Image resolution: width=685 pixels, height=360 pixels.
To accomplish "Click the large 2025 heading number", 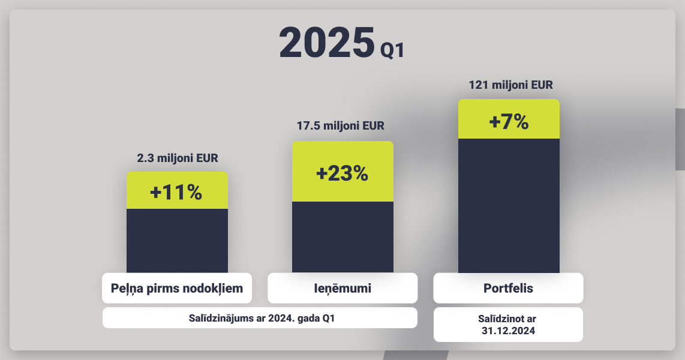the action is point(327,43).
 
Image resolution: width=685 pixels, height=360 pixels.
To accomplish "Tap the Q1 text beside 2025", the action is point(392,50).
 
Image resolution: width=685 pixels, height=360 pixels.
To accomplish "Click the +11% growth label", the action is point(176,192).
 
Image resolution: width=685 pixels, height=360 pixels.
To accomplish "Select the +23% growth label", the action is point(342,173).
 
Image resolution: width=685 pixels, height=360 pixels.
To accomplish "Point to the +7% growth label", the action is point(509,121).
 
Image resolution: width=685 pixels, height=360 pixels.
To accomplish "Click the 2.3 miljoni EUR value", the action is point(178,158).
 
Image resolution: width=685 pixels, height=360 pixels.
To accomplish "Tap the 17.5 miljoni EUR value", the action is point(341,126).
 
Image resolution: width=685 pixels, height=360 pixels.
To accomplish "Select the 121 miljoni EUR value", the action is point(510,85).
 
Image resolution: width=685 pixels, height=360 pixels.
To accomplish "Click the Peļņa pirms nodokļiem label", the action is point(177,289).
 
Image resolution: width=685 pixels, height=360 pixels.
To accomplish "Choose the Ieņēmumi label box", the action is point(342,289).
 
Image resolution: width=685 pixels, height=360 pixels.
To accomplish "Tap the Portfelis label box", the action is point(508,289).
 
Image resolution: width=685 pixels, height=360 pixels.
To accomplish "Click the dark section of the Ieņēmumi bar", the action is point(343,237).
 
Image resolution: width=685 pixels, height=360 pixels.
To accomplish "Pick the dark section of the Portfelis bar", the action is point(509,206).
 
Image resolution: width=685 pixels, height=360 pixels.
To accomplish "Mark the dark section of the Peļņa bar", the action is point(178,241).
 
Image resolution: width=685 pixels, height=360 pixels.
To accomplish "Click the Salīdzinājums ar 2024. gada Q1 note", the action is point(262,318).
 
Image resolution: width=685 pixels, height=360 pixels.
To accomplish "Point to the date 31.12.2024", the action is point(508,331).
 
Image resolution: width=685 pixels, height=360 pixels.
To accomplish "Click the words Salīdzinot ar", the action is point(507,319).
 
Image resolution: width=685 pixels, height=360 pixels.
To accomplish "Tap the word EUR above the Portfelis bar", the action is point(542,85).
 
